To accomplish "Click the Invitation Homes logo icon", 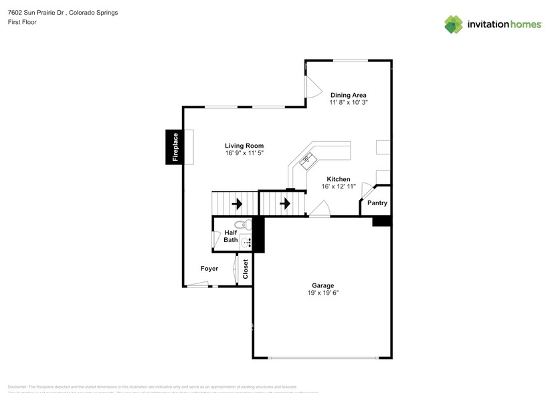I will [454, 24].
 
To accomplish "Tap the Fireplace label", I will [175, 147].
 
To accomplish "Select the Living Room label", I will [244, 146].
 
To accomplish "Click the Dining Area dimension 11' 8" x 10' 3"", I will [348, 103].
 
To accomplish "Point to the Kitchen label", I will [339, 179].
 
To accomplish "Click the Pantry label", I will [377, 203].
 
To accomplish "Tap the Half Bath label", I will [231, 236].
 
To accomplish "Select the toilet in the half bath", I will [244, 225].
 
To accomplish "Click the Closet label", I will [246, 269].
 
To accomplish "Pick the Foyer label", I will [209, 269].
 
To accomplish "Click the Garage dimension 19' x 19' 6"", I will [323, 293].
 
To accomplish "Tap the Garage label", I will [323, 285].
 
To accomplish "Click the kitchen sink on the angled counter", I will [306, 159].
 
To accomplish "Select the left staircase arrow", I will [237, 203].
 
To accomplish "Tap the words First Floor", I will [22, 22].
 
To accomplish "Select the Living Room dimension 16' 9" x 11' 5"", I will [244, 153].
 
